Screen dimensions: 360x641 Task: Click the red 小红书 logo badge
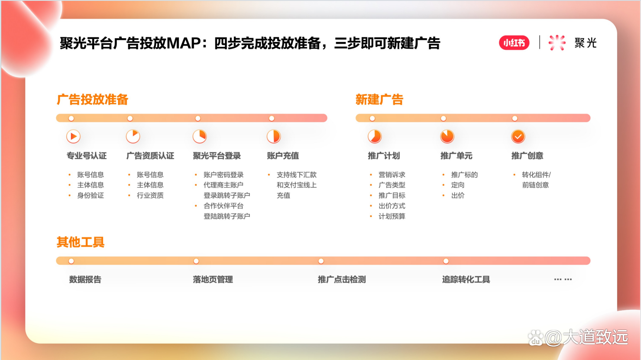(514, 43)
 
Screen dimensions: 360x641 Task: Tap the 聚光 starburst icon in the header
(557, 43)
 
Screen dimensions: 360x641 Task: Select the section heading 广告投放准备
(92, 100)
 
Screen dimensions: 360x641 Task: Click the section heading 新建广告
(379, 100)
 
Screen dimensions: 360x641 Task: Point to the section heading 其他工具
(81, 242)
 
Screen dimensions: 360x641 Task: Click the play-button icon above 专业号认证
(73, 136)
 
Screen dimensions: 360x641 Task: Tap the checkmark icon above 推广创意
(518, 136)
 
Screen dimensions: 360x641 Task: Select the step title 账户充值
(283, 156)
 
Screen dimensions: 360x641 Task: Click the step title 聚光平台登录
(217, 156)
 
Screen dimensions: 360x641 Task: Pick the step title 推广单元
(456, 156)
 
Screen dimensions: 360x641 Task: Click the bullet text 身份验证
(91, 195)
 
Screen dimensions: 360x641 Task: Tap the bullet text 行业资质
(150, 195)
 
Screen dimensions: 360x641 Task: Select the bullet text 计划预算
(392, 216)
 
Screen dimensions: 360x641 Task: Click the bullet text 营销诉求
(392, 175)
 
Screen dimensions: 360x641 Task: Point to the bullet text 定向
(458, 185)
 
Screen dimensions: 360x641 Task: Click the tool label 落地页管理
(213, 279)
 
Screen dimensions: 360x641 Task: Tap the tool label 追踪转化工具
(466, 279)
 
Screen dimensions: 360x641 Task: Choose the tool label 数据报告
(85, 279)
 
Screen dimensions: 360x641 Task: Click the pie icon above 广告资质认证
(133, 136)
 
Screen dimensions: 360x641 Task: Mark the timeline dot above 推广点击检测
(321, 261)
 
